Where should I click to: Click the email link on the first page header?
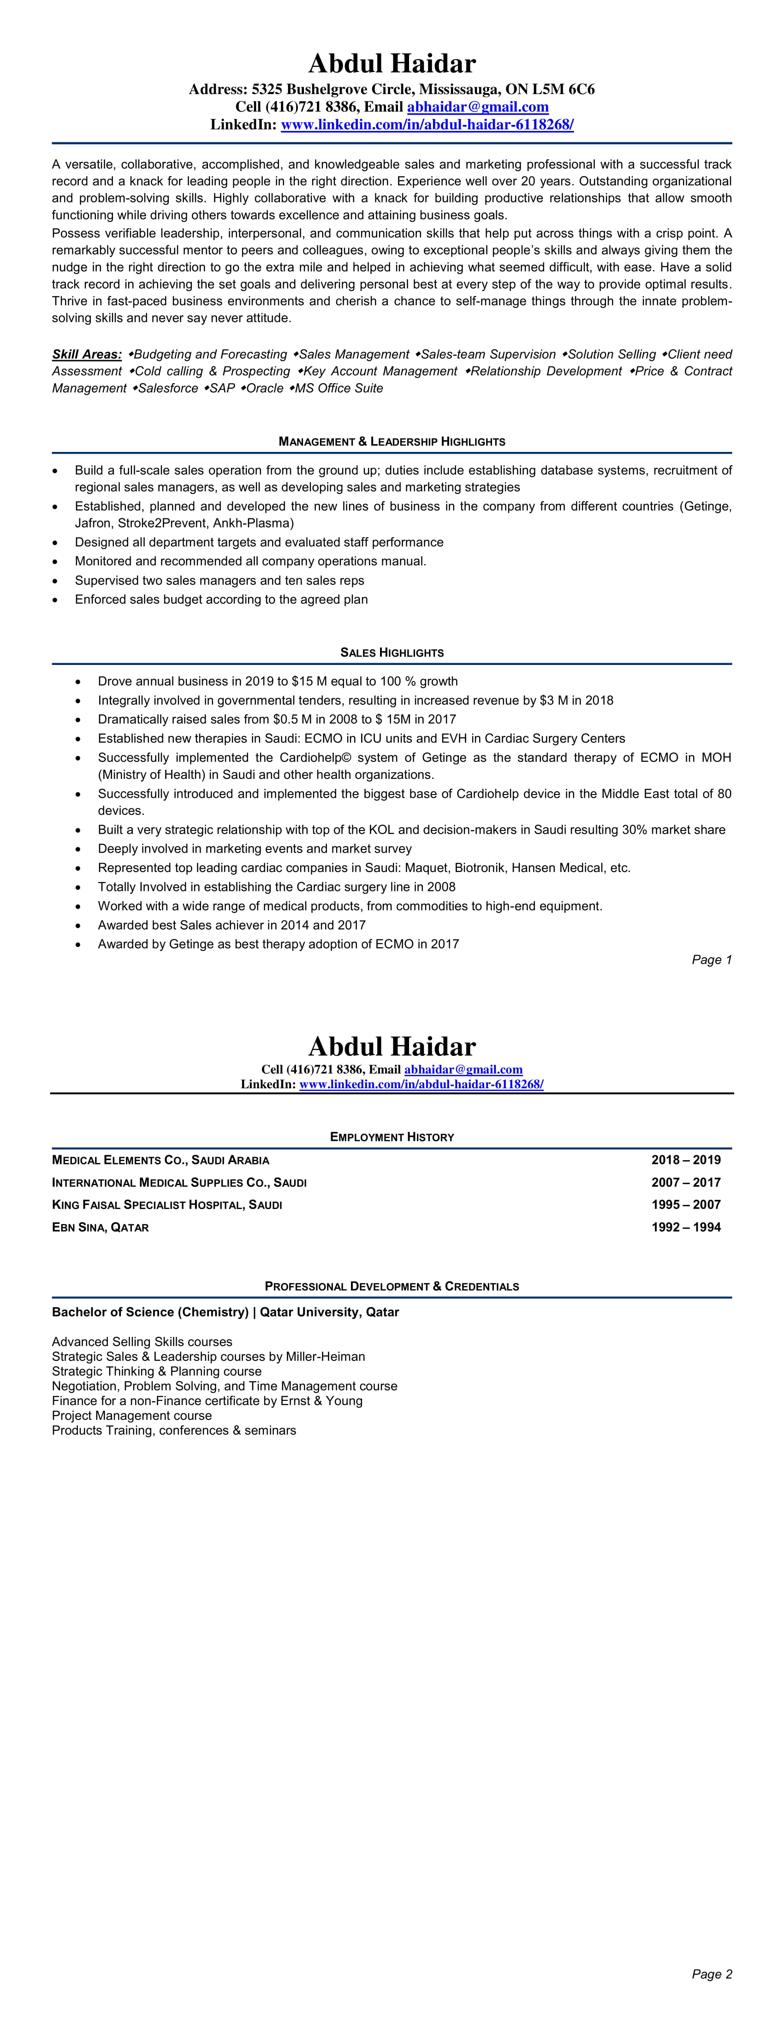pyautogui.click(x=477, y=107)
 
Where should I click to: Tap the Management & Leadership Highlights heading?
pyautogui.click(x=392, y=442)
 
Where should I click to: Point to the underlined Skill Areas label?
pyautogui.click(x=87, y=355)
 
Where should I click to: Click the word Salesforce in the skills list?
pyautogui.click(x=168, y=388)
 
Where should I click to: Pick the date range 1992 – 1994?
pyautogui.click(x=685, y=1227)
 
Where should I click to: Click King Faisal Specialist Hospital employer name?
pyautogui.click(x=166, y=1205)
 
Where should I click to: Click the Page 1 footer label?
pyautogui.click(x=712, y=959)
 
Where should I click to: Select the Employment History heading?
pyautogui.click(x=392, y=1137)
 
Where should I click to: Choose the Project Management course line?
pyautogui.click(x=131, y=1415)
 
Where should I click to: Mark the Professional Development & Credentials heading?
pyautogui.click(x=392, y=1286)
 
